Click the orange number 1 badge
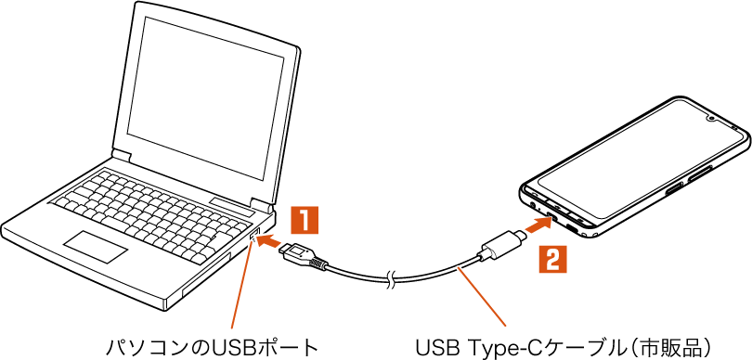[305, 221]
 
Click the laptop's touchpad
[97, 247]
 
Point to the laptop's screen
[205, 96]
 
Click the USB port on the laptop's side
[253, 236]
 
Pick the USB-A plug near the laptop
[302, 256]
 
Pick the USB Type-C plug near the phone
[501, 244]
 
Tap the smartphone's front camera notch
[710, 118]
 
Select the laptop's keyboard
[152, 212]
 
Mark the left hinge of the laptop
[122, 156]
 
